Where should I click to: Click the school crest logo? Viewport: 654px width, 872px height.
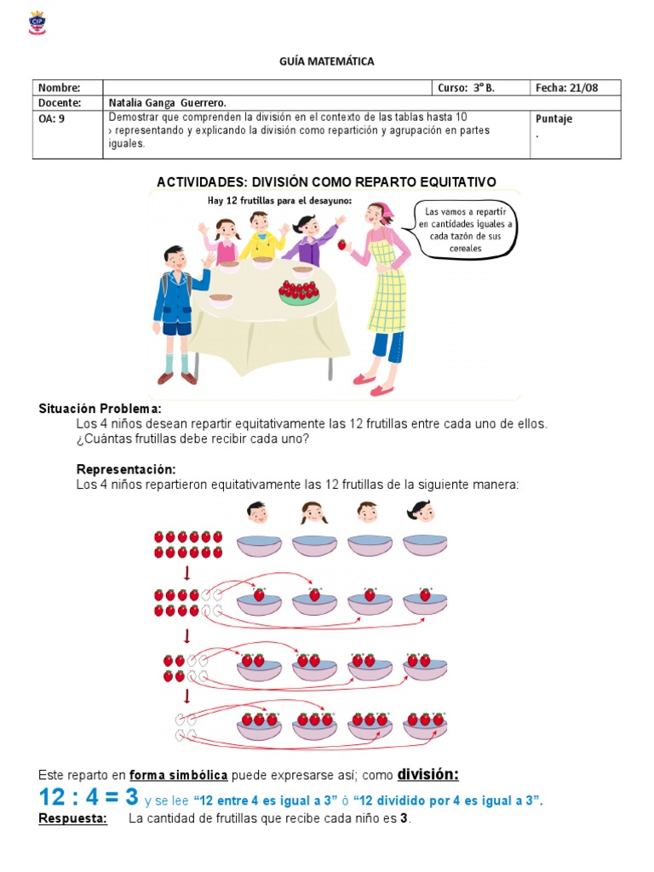[37, 23]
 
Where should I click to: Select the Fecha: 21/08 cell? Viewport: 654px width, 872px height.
[575, 88]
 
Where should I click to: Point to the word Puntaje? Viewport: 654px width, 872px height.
[554, 119]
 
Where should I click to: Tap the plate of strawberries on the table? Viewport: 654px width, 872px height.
[299, 292]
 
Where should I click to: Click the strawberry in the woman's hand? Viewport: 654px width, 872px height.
[342, 245]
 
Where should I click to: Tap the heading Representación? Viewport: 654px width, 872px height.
[126, 469]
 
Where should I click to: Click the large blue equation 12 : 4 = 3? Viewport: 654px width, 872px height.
[89, 798]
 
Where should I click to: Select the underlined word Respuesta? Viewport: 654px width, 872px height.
[73, 819]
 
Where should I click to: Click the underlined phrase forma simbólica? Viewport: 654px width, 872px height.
[178, 775]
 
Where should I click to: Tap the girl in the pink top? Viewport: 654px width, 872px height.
[226, 243]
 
